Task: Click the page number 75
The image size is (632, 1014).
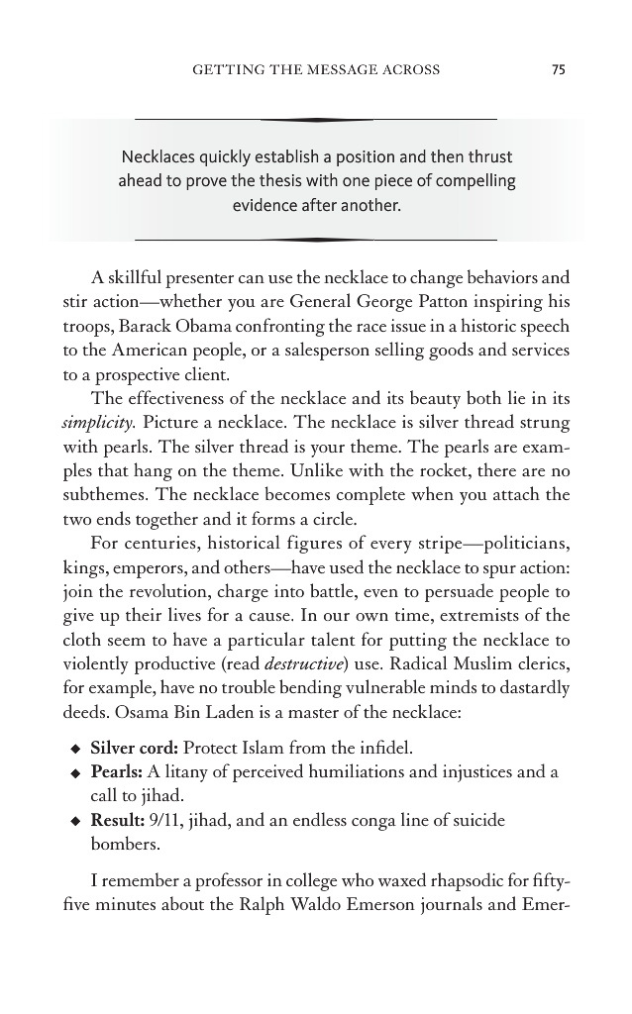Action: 559,69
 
